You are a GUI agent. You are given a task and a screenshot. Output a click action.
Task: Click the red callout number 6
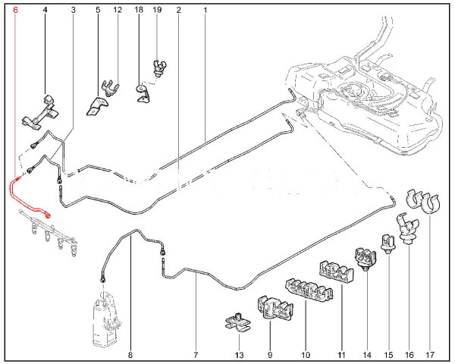16,10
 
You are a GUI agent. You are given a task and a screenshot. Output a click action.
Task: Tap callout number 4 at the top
45,10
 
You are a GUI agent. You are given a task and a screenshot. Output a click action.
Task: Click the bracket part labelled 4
40,112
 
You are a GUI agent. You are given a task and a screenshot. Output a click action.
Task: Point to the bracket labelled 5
96,106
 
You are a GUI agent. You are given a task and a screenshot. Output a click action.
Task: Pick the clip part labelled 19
160,68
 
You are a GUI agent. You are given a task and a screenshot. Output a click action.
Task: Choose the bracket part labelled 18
143,93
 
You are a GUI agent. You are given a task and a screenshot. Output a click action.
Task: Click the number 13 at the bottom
240,355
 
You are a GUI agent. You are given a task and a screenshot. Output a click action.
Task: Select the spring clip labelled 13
238,322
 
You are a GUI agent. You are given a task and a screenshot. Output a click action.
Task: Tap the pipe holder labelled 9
275,308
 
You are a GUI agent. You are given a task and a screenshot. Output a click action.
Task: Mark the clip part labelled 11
337,271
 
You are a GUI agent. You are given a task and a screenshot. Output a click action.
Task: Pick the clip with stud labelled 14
366,259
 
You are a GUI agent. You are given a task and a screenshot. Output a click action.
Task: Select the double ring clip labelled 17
423,202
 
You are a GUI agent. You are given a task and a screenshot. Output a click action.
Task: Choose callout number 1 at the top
206,10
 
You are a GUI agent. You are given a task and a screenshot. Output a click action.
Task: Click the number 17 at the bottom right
430,355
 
